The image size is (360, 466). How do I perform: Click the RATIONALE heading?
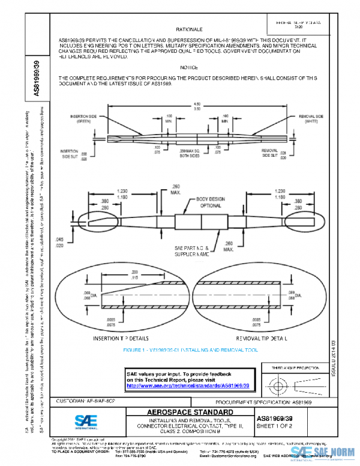[189, 28]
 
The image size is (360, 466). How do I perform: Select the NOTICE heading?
[189, 67]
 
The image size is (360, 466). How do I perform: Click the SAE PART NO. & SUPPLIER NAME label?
[193, 250]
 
